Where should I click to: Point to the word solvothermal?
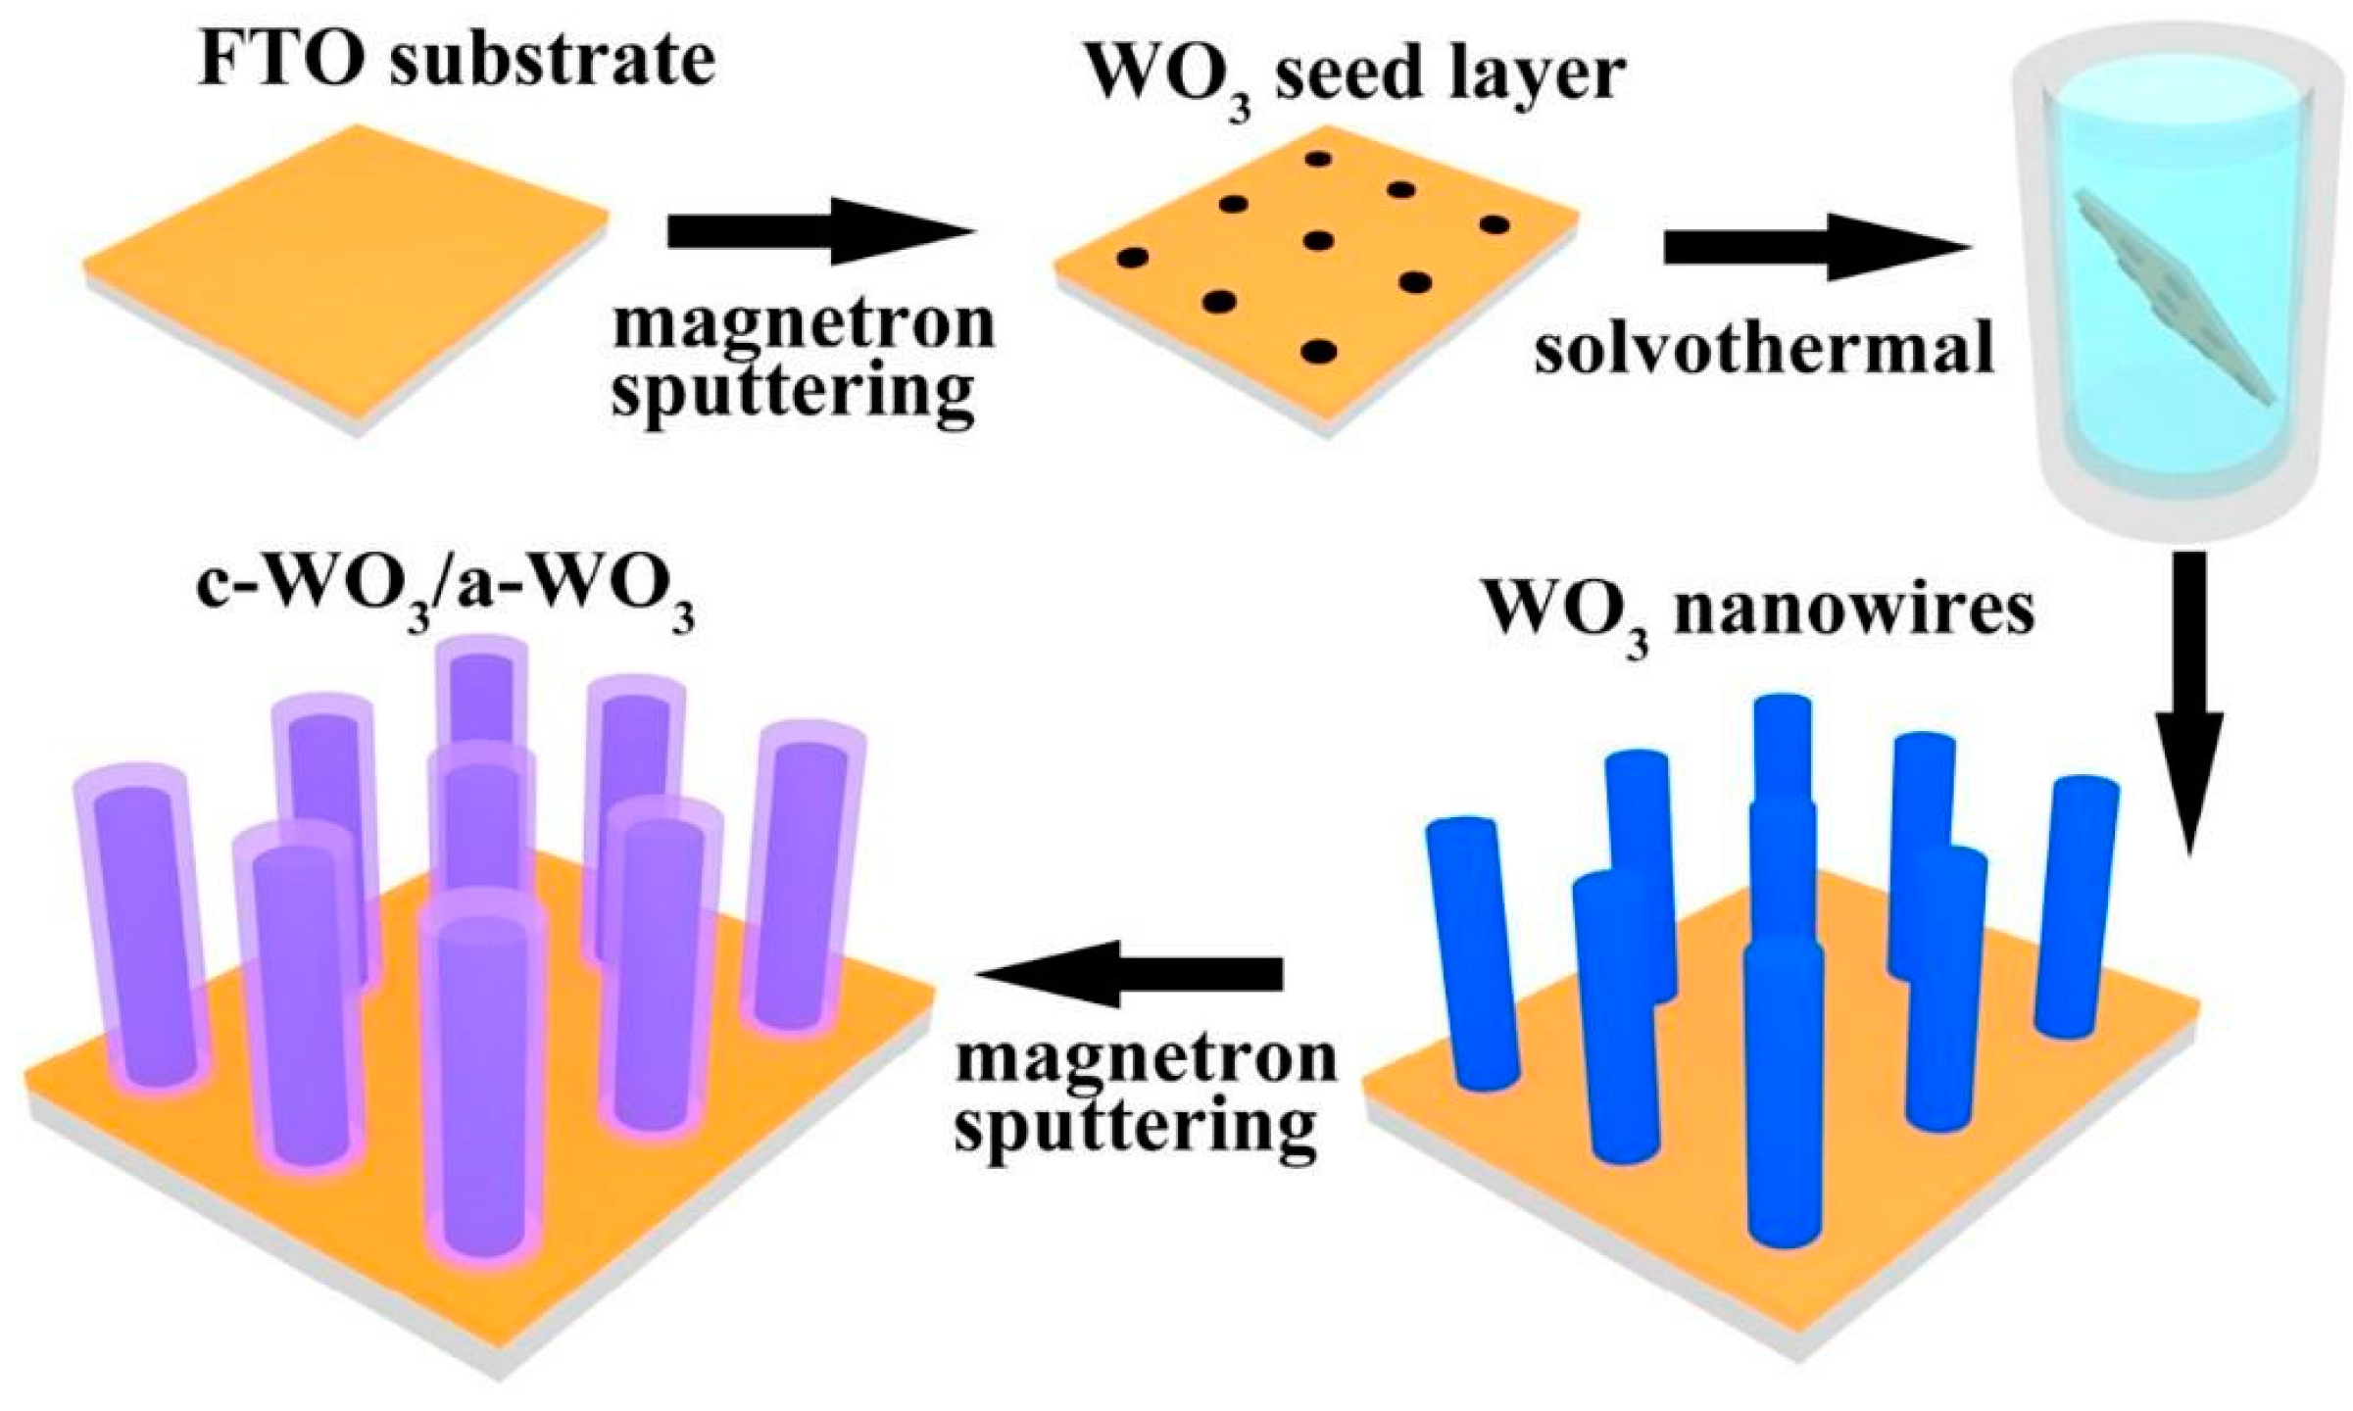pyautogui.click(x=1764, y=348)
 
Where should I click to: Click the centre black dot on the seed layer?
pyautogui.click(x=1318, y=240)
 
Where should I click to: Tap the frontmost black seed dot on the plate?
pyautogui.click(x=1318, y=351)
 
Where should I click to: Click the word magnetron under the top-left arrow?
pyautogui.click(x=804, y=323)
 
